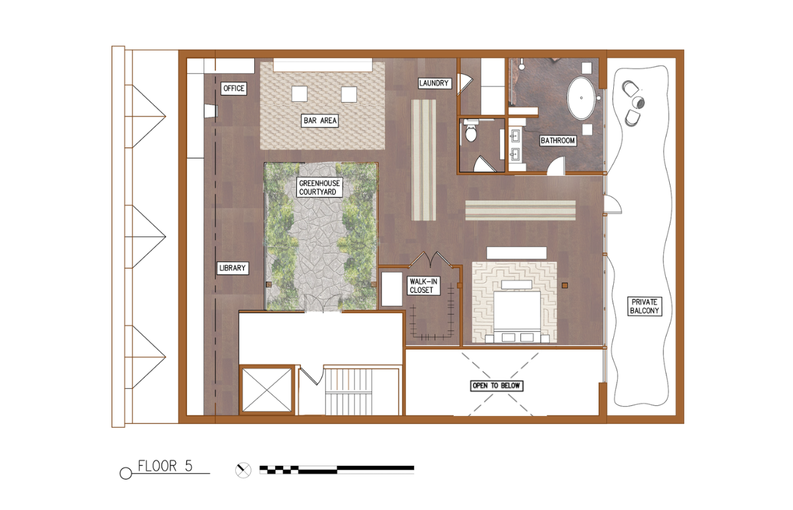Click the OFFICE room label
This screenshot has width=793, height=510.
pos(234,88)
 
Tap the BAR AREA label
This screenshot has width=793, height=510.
pos(320,120)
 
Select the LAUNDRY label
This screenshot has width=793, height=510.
pos(434,83)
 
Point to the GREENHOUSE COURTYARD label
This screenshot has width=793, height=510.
pos(319,188)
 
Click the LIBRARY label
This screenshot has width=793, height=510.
pos(232,268)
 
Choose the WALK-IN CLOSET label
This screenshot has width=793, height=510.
pos(423,286)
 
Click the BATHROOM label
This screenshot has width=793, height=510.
pos(558,141)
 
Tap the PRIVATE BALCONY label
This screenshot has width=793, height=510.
pos(644,306)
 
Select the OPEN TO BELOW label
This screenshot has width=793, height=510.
pos(497,386)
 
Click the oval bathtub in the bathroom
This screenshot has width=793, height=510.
pos(582,98)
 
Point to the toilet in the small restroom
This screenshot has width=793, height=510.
pos(470,132)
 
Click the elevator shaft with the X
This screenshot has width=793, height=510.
pos(267,390)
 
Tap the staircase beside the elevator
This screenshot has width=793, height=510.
pos(348,392)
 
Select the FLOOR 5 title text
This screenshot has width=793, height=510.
pos(165,466)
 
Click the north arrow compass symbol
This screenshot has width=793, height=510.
pos(243,471)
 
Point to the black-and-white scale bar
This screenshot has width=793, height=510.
pos(337,470)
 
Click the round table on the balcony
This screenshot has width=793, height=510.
pos(638,103)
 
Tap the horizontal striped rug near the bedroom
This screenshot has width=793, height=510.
pos(520,210)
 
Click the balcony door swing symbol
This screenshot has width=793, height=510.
pos(613,204)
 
